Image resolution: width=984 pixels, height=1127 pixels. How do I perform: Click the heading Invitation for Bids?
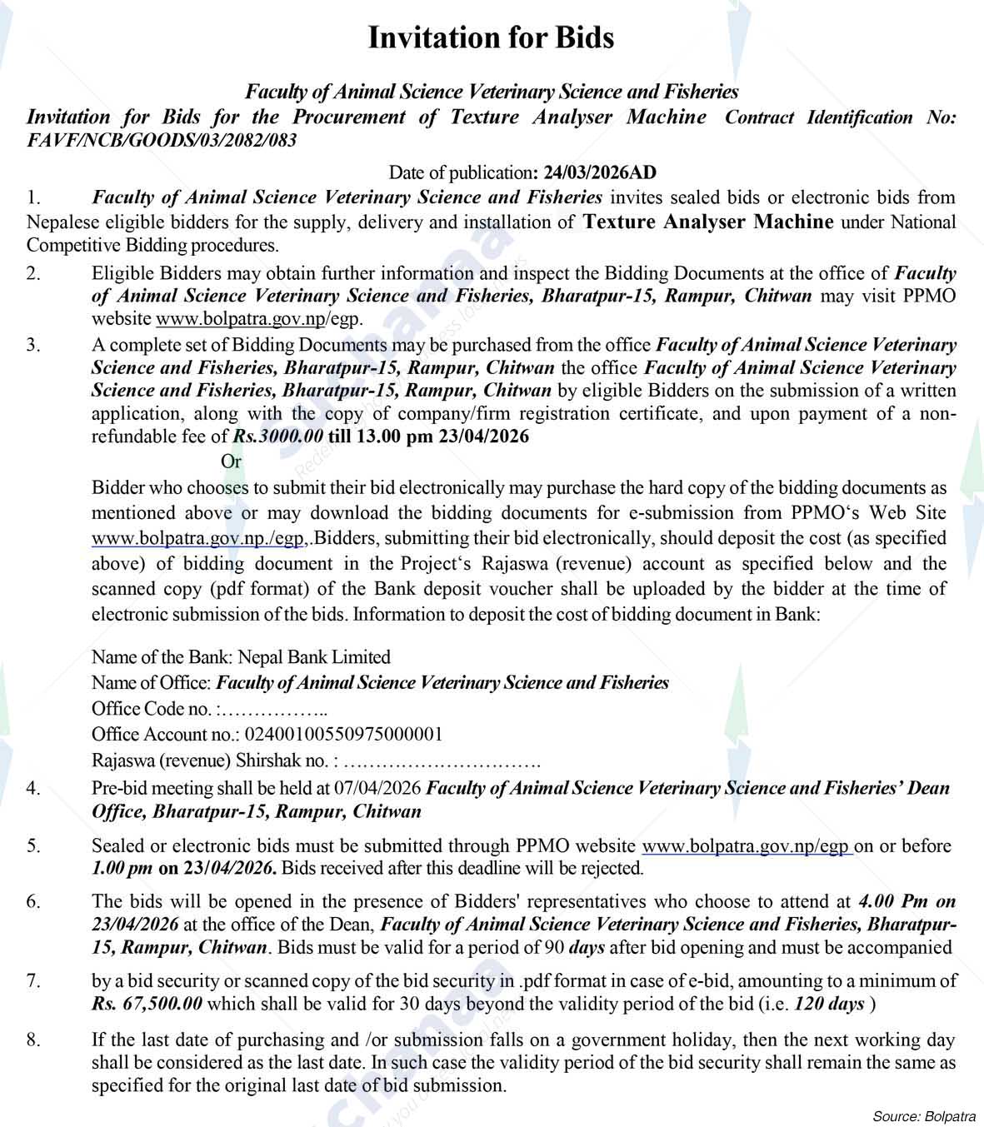point(491,37)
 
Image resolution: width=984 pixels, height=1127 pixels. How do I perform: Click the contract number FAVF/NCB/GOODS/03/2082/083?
point(162,140)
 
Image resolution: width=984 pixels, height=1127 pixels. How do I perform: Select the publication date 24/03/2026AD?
point(600,173)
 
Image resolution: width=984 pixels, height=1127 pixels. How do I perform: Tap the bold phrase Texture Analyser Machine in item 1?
point(708,222)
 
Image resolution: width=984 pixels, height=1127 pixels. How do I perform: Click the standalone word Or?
point(231,461)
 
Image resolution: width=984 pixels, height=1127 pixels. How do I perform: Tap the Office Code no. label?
point(152,709)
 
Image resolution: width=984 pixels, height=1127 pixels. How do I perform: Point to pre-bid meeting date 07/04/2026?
point(379,787)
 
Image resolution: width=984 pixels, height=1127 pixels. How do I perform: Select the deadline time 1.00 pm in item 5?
point(122,868)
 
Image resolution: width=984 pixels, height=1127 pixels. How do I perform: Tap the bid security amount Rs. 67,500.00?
point(147,1003)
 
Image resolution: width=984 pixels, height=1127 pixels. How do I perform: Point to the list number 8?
point(32,1040)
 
